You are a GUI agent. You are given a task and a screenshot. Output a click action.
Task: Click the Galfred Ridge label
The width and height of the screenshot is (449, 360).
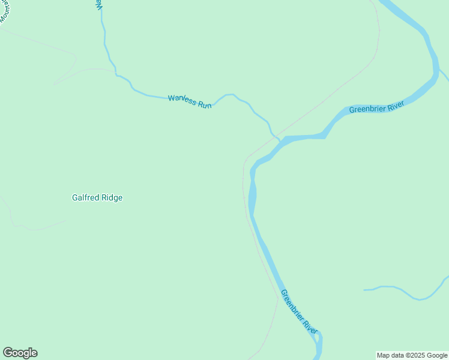[x=97, y=197]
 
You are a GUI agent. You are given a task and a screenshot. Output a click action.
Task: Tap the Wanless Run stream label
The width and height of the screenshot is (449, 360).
[x=190, y=101]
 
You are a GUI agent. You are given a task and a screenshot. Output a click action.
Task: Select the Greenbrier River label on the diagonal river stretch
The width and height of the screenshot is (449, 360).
[x=299, y=312]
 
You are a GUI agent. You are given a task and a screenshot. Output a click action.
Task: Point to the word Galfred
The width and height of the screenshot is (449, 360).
[x=85, y=197]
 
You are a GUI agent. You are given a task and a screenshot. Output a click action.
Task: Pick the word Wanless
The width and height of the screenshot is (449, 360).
[x=182, y=100]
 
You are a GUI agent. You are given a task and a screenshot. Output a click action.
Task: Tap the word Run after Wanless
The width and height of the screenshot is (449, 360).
[x=205, y=104]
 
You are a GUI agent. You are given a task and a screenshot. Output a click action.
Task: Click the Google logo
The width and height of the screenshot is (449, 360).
[x=20, y=353]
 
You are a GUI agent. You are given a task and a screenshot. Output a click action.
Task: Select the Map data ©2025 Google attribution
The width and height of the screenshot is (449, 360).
[x=412, y=355]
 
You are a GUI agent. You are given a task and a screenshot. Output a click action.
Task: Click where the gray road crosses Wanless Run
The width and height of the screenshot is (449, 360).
[x=275, y=137]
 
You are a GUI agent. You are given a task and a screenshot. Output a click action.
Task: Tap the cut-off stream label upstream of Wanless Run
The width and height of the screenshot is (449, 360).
[x=98, y=5]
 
